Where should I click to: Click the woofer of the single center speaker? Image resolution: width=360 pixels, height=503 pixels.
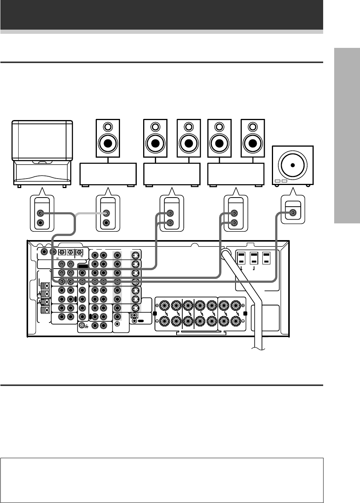(x=108, y=143)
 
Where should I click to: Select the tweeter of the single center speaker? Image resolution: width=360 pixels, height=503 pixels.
(x=108, y=127)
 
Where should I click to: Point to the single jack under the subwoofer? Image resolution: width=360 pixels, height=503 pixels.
(x=293, y=213)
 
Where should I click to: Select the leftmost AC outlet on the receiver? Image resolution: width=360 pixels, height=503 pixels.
(x=242, y=259)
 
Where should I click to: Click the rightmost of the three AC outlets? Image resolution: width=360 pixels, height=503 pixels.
(x=267, y=259)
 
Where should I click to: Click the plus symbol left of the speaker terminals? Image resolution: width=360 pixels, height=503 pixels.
(x=157, y=305)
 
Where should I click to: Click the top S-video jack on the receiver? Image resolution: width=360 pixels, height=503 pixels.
(x=135, y=255)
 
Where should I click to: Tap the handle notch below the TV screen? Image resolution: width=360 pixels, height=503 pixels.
(x=42, y=162)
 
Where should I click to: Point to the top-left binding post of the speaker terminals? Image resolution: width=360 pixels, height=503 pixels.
(x=165, y=305)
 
